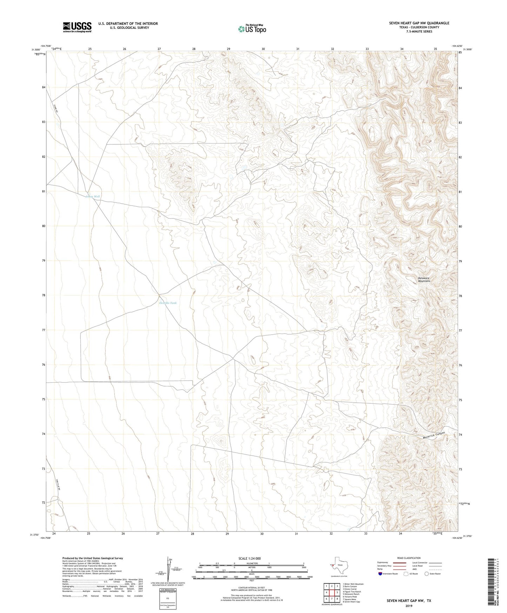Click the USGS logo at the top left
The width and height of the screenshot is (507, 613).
(x=77, y=27)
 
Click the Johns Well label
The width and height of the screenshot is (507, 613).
(x=93, y=197)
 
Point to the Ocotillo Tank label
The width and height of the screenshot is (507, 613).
(x=168, y=303)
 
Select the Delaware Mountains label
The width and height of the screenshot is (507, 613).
(x=424, y=279)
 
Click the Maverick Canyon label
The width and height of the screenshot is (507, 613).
(x=434, y=435)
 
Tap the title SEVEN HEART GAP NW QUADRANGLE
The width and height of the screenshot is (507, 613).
(x=419, y=23)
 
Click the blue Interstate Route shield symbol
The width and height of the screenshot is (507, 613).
(x=380, y=574)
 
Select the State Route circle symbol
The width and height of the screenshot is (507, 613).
(x=426, y=574)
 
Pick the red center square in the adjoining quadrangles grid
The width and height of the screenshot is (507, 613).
(x=332, y=593)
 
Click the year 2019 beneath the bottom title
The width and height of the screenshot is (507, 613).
(x=408, y=606)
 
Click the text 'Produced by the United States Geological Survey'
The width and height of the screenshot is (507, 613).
(x=93, y=558)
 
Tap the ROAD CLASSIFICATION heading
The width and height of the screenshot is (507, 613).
(x=409, y=558)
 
